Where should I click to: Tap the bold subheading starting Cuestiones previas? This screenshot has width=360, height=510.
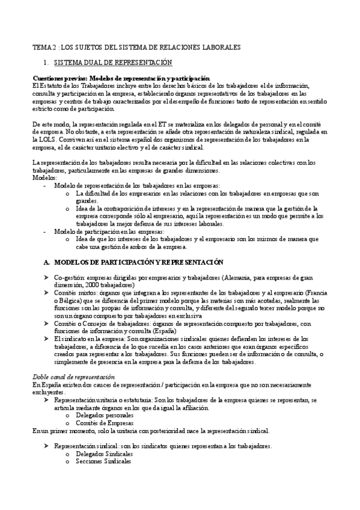click(121, 79)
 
